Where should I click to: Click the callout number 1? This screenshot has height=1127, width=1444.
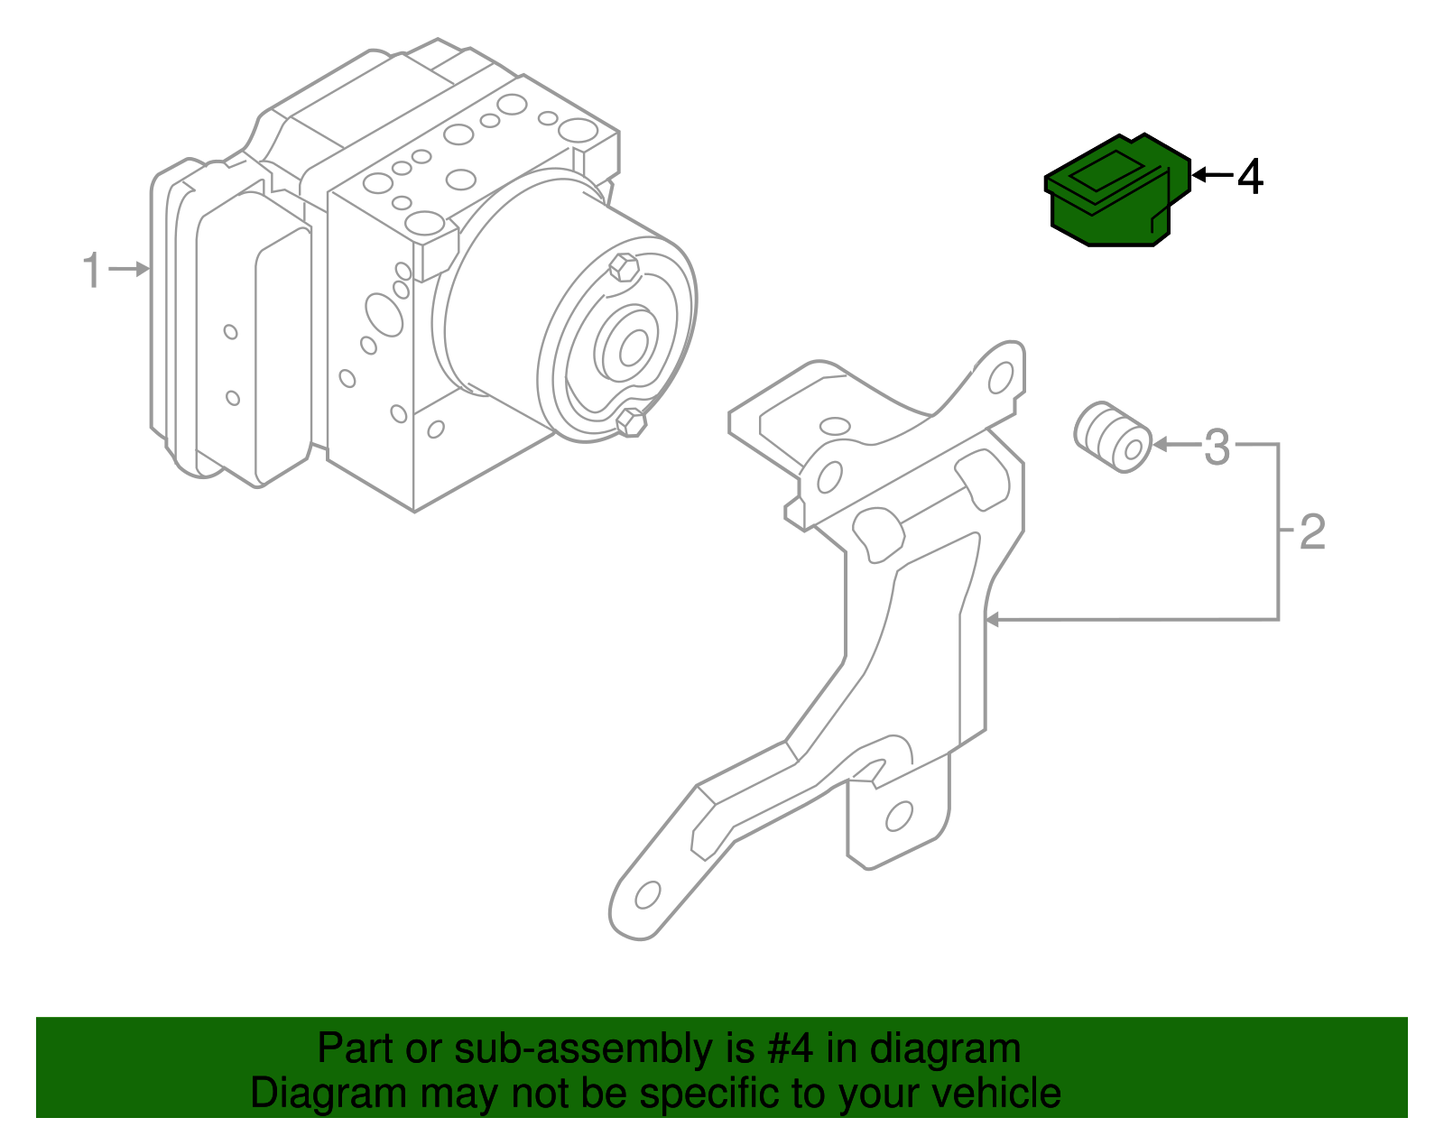[92, 271]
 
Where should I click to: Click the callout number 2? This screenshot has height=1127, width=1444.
[1312, 532]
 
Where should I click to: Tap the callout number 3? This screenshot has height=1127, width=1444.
[1217, 447]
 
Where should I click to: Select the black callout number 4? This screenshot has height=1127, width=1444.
[1250, 177]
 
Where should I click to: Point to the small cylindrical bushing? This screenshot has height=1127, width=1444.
[1113, 437]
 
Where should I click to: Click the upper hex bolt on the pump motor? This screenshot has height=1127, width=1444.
[624, 268]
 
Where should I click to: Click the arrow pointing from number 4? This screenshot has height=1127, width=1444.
[1211, 175]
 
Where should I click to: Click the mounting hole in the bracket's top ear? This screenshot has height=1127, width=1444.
[1000, 378]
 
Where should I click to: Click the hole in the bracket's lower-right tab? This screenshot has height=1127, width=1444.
[898, 817]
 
